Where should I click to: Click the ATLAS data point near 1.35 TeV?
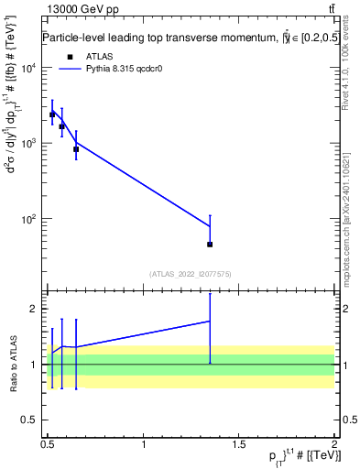click(x=210, y=245)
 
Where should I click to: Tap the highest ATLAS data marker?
click(x=52, y=115)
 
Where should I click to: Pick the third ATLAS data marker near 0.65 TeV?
click(x=76, y=148)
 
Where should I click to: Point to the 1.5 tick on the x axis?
click(x=238, y=443)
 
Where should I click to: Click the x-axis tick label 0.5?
click(x=48, y=443)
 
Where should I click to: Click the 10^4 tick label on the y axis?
click(x=28, y=69)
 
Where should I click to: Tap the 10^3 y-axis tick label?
click(x=28, y=144)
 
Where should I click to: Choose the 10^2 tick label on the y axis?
click(x=28, y=219)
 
